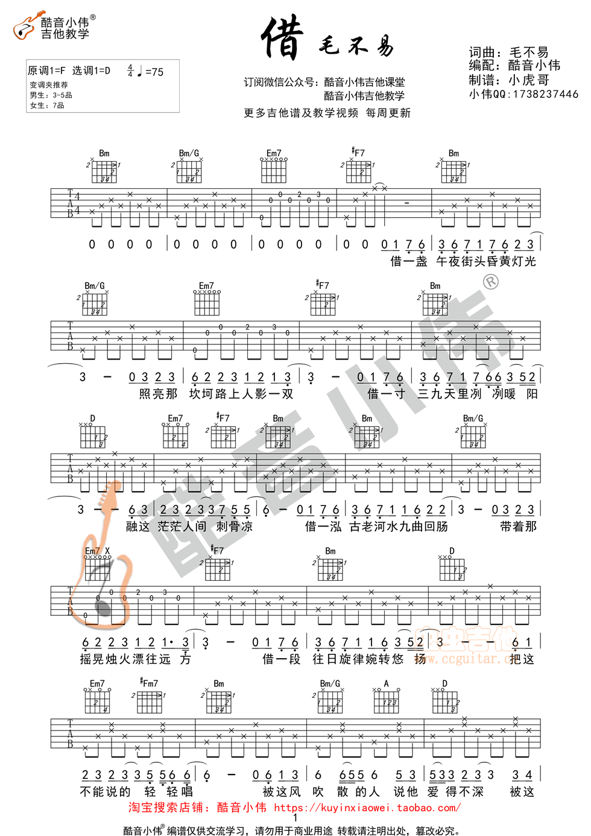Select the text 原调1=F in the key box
pos(46,71)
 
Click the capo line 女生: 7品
pos(47,106)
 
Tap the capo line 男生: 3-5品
pos(51,95)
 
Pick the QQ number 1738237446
pos(545,94)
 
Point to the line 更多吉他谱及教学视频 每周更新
pos(327,113)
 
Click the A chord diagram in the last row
pos(387,700)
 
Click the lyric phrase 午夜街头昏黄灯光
pos(486,261)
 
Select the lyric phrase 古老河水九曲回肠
pos(399,527)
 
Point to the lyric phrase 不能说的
pos(105,791)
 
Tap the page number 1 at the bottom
pos(295,818)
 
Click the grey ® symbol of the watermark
pos(491,282)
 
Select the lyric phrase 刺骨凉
pos(235,527)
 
